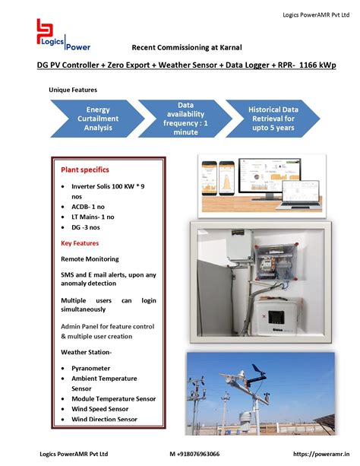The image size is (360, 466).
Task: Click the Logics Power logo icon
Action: coord(48,33)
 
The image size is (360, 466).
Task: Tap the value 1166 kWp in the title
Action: coord(318,65)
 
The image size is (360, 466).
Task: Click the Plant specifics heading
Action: coord(85,170)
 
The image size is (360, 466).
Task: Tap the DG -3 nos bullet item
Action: coord(85,227)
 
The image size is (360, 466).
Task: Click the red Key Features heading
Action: coord(80,243)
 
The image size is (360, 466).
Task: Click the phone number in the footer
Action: coord(194,454)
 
